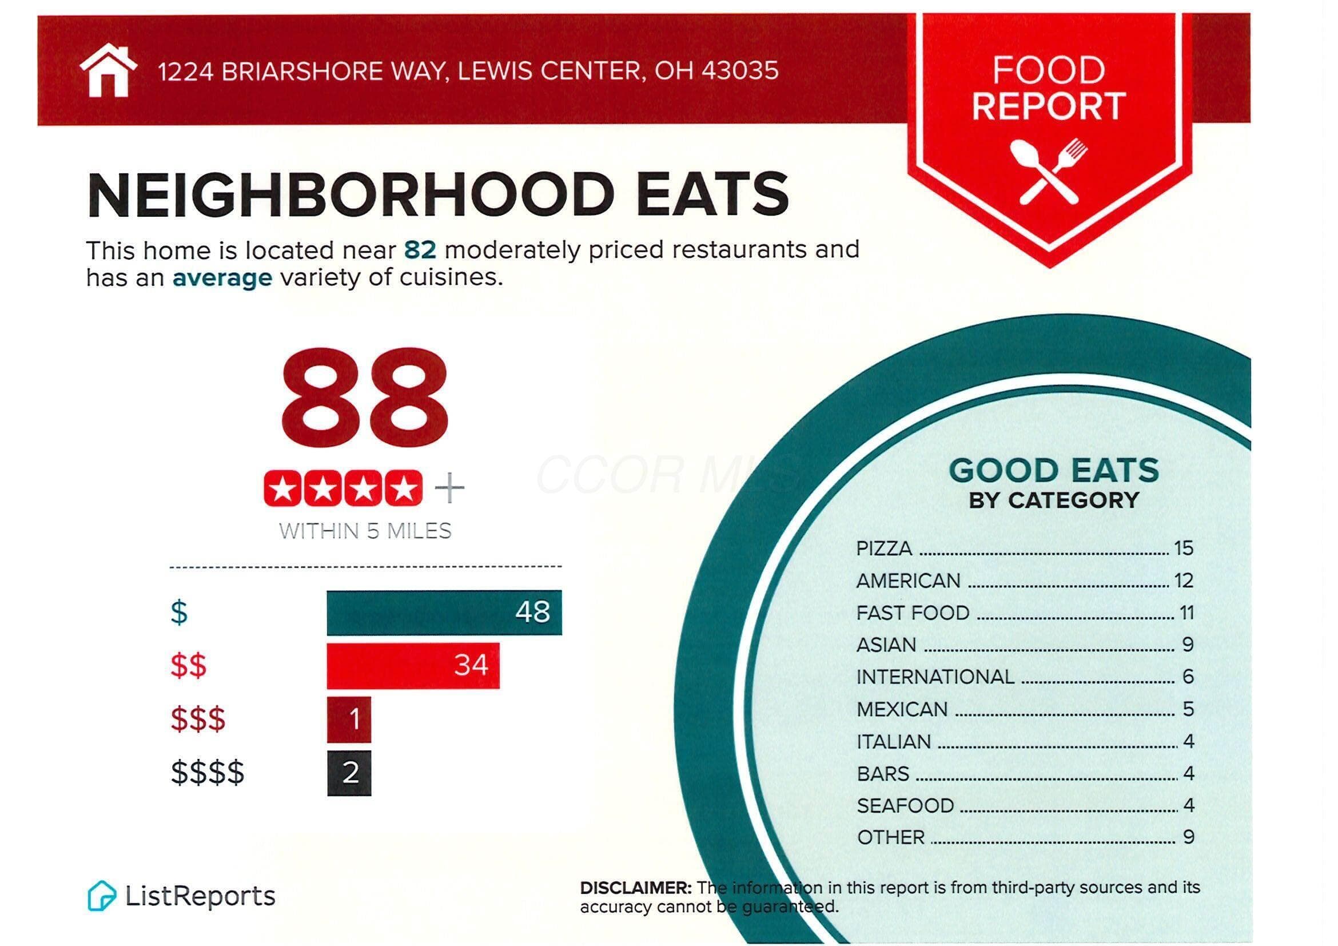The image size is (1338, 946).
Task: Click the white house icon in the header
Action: click(x=109, y=70)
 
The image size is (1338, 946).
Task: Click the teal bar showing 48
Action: click(x=444, y=613)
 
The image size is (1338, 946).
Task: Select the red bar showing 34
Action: click(x=413, y=666)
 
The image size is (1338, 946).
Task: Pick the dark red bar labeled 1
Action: click(x=349, y=720)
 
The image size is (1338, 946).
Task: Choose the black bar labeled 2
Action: click(x=349, y=773)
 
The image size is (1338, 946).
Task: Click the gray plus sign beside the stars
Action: click(x=450, y=488)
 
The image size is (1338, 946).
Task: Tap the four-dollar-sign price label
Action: click(x=208, y=773)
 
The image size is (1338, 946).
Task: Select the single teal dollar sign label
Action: click(x=179, y=613)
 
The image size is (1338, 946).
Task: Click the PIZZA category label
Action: click(x=884, y=548)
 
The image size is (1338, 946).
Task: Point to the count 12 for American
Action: click(x=1184, y=581)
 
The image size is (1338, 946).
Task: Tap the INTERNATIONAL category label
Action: click(x=935, y=677)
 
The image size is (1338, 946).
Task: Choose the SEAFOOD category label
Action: click(x=905, y=805)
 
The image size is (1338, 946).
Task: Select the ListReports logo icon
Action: click(x=101, y=895)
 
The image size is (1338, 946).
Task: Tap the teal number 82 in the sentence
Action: click(x=420, y=250)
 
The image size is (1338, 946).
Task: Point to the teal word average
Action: click(x=222, y=278)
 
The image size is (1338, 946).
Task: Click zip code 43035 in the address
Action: click(x=739, y=71)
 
